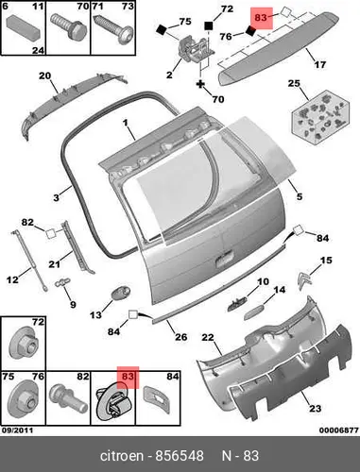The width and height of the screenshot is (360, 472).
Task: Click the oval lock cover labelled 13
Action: tap(121, 293)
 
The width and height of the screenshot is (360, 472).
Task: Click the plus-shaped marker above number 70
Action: tap(200, 84)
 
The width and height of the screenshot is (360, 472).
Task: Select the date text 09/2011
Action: tap(18, 430)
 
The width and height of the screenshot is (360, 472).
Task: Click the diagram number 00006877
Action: tap(339, 430)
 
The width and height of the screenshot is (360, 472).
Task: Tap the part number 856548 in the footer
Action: tap(180, 456)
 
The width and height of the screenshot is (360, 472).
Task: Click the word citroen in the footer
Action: tap(122, 456)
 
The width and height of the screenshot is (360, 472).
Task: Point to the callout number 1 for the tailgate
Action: tap(126, 122)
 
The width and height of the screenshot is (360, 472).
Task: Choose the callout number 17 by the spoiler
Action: tap(320, 65)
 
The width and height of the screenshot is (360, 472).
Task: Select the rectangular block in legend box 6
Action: tap(25, 25)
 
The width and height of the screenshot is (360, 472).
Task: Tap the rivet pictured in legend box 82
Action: tap(68, 398)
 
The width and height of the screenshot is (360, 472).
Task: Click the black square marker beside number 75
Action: tap(162, 29)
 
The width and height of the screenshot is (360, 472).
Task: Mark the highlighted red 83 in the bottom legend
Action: tap(128, 377)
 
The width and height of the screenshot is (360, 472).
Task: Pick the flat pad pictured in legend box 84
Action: tap(157, 399)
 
